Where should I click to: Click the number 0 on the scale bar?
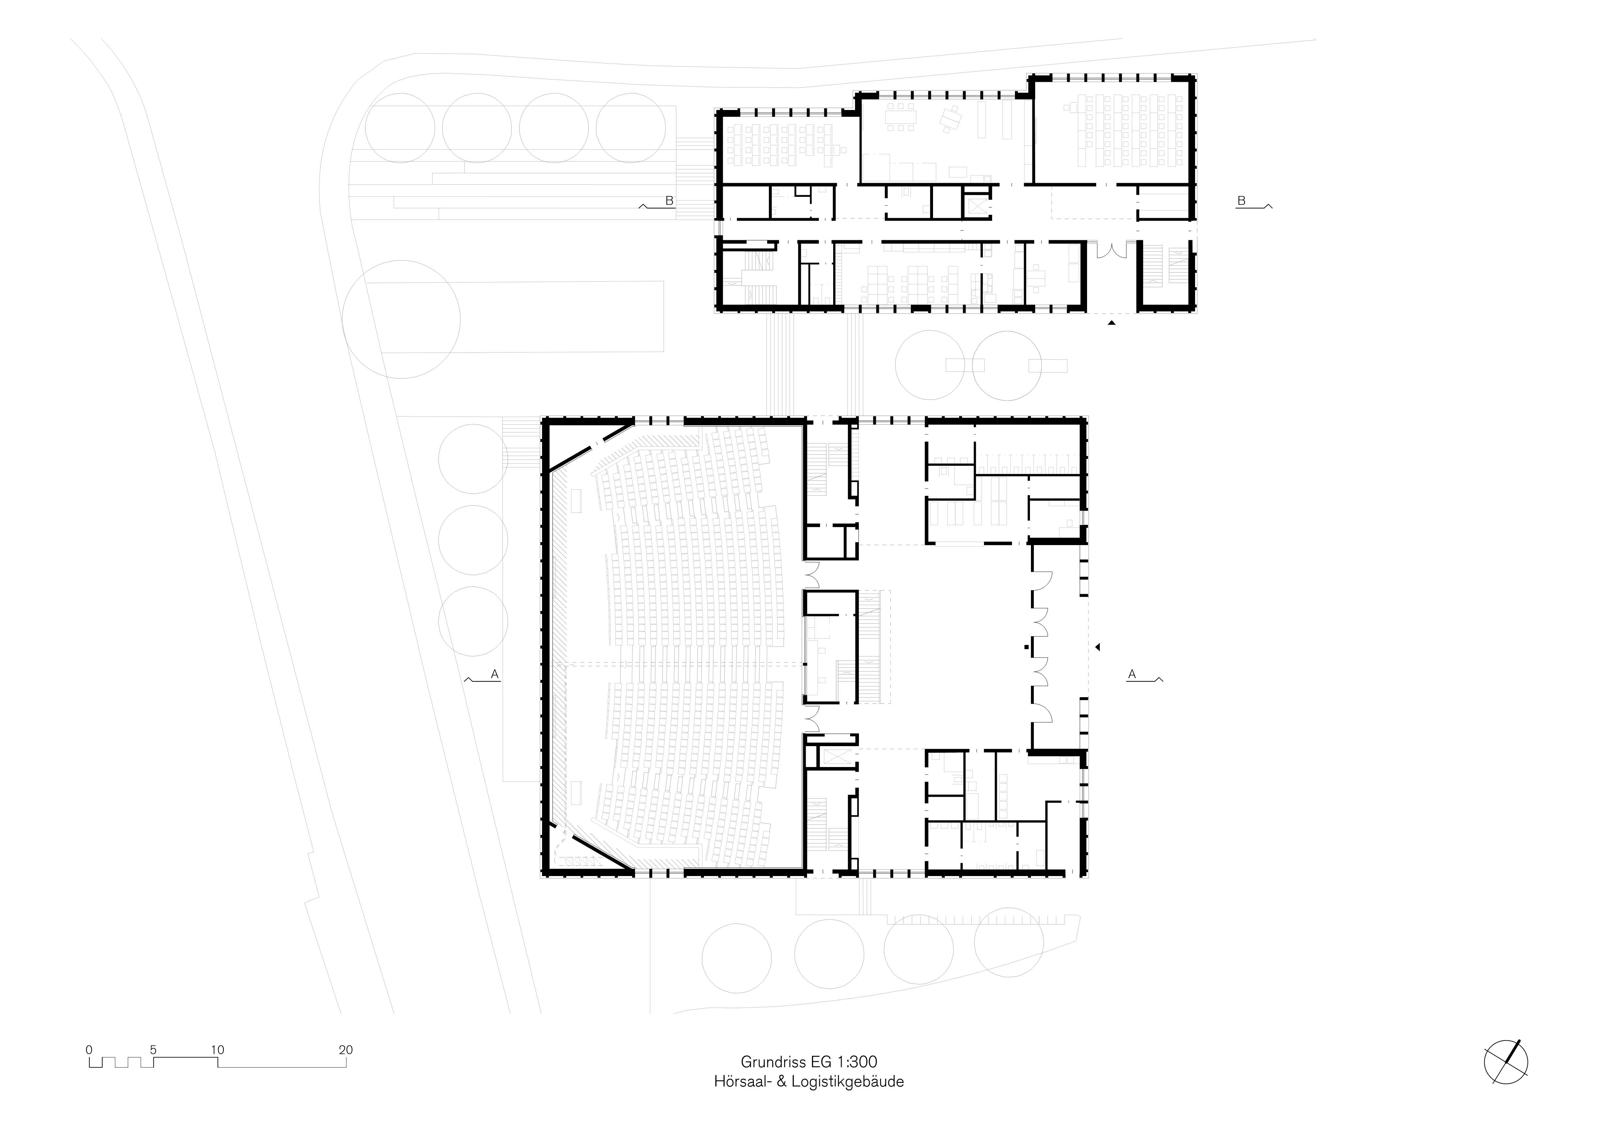[89, 1050]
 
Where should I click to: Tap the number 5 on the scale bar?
[153, 1050]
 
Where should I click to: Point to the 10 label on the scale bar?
[217, 1050]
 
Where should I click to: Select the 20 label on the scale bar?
[346, 1050]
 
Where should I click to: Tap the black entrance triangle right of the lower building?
[1097, 647]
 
